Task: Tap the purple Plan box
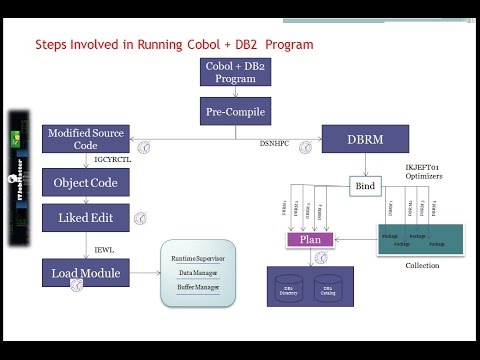[x=309, y=240]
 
